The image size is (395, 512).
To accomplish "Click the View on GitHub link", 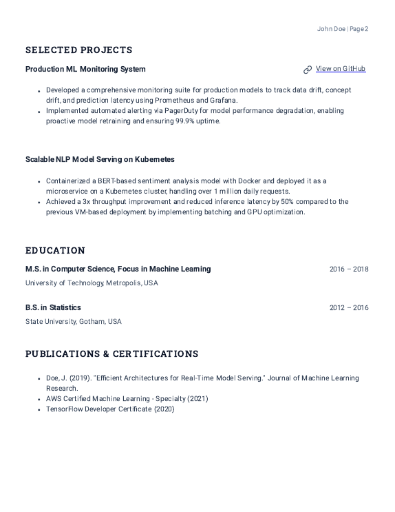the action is [341, 69].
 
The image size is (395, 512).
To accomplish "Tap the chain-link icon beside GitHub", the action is [308, 70].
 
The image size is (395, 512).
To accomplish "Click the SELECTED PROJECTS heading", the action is [78, 50].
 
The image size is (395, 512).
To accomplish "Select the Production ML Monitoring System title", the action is [85, 70].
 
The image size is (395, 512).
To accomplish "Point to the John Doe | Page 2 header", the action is [343, 29].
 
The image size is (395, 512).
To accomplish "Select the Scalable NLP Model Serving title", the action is [100, 159].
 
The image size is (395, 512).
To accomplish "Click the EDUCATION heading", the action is [55, 251].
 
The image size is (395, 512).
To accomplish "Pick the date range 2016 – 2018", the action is [349, 269].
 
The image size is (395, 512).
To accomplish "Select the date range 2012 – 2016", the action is [349, 308].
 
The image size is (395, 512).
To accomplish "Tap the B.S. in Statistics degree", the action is [53, 308].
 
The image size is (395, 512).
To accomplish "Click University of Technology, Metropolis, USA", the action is [92, 283].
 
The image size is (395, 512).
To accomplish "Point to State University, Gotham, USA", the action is [74, 322].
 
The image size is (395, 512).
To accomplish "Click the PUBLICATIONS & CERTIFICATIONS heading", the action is [111, 354].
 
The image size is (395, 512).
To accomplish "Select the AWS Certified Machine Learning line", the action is [127, 399].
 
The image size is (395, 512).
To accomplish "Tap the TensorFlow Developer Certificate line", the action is [110, 409].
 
